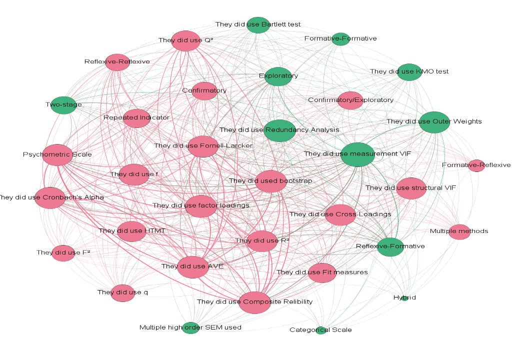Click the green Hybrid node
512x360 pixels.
coord(405,298)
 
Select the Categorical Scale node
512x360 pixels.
coord(321,330)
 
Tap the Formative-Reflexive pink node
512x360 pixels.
coord(476,165)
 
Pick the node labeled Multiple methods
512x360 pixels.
coord(459,231)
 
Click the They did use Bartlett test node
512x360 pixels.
coord(258,25)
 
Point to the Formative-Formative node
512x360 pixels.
coord(340,39)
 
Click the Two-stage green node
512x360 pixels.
coord(63,105)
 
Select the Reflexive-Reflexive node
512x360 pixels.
coord(117,62)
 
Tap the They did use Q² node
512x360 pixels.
coord(186,41)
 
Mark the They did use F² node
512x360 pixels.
coord(63,253)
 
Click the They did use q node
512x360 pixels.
coord(123,292)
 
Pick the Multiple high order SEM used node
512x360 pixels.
coord(190,328)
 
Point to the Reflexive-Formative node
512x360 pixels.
coord(390,246)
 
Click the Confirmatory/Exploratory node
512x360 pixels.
coord(350,100)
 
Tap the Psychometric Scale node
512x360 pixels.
coord(58,155)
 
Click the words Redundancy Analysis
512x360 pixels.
coord(302,130)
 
